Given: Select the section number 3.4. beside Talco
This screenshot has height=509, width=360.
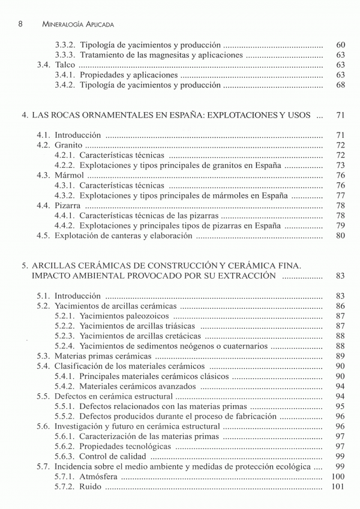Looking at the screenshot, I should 44,65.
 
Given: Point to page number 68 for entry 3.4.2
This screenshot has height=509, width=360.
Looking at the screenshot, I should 340,85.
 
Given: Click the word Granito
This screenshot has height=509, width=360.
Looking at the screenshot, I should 68,145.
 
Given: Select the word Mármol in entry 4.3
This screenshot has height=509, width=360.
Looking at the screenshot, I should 69,176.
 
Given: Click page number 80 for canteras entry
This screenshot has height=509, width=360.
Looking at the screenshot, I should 340,236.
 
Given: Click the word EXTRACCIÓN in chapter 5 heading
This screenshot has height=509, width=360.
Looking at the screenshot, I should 245,276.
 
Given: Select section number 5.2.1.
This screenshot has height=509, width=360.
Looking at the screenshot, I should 64,316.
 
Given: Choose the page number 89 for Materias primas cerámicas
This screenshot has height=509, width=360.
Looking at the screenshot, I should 340,356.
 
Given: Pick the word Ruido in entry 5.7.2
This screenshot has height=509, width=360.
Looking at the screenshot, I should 91,487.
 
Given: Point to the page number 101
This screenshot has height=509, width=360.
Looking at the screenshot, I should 338,487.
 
